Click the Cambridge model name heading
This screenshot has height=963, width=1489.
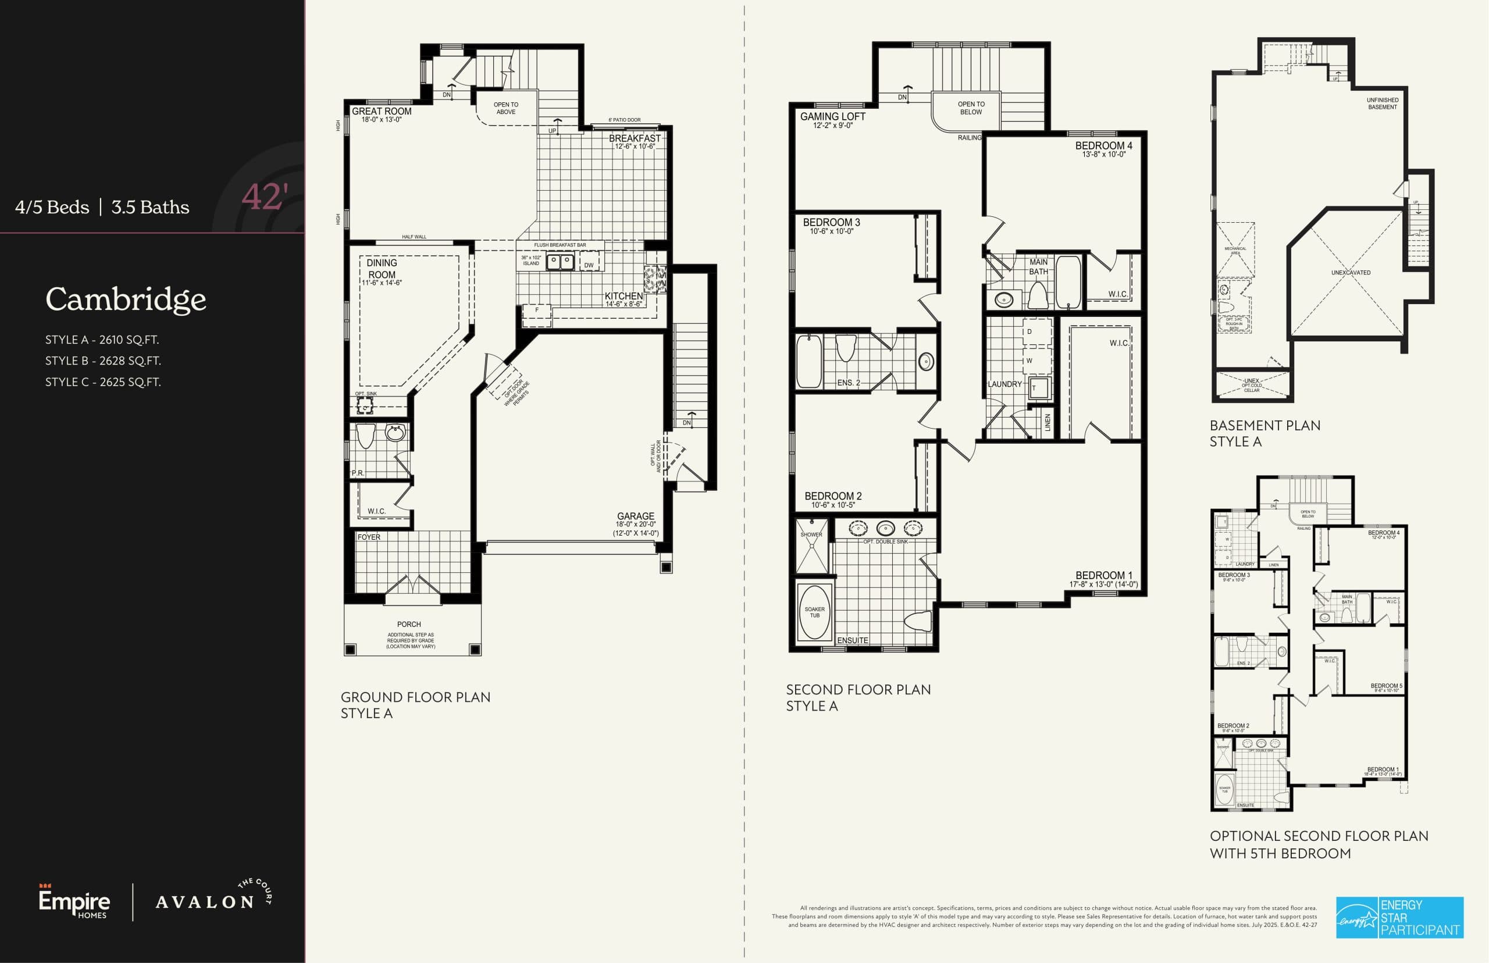click(x=126, y=300)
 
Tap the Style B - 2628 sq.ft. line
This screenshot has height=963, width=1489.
click(x=103, y=361)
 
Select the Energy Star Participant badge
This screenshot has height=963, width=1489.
click(x=1399, y=918)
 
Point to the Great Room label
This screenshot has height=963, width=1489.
click(x=382, y=111)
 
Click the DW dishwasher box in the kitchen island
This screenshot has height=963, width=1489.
click(x=589, y=265)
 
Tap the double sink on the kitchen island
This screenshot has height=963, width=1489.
click(x=560, y=261)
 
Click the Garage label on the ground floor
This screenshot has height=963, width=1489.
click(x=635, y=516)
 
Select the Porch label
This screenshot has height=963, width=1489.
click(x=409, y=624)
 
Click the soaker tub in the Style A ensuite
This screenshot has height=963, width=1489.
click(x=814, y=612)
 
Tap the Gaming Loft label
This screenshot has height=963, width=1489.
click(x=832, y=116)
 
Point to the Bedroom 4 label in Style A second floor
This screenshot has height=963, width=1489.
click(x=1103, y=146)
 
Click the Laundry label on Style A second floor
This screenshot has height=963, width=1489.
click(x=1004, y=384)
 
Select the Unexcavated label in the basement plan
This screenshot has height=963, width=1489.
click(x=1350, y=273)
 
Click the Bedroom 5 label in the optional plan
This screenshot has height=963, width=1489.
click(x=1386, y=686)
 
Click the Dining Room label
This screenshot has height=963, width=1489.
click(x=382, y=269)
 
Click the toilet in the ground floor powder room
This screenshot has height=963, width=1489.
click(x=365, y=436)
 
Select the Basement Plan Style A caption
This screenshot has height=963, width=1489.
click(x=1264, y=433)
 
